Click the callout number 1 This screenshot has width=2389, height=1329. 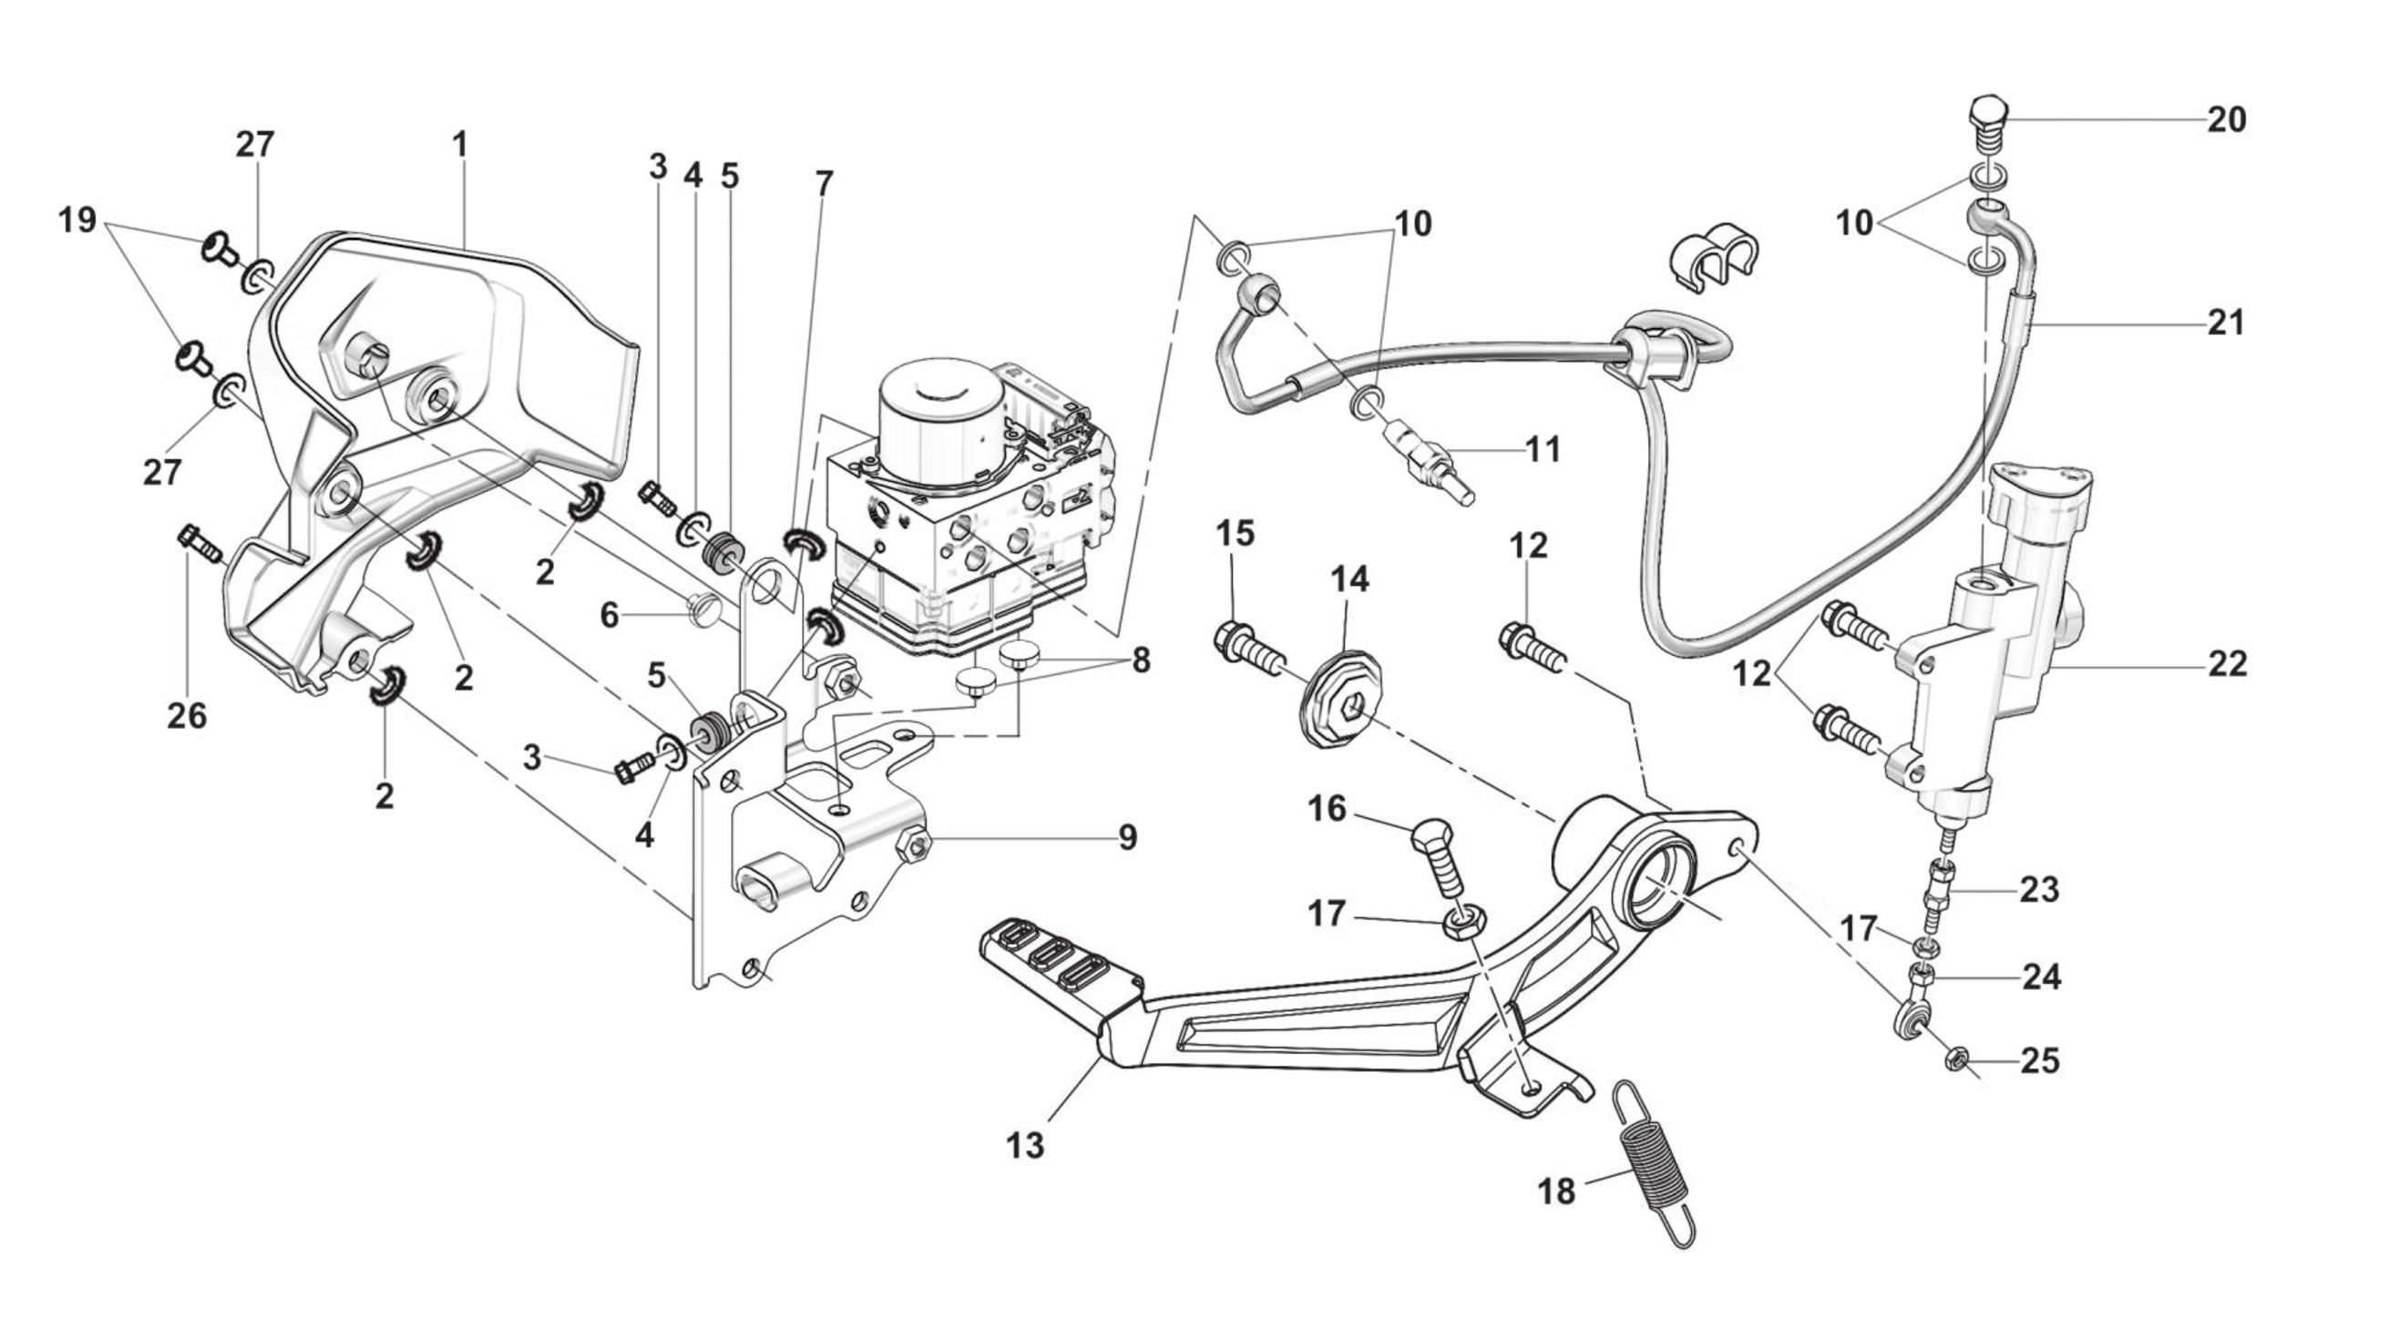tap(460, 145)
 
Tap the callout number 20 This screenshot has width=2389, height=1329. tap(2226, 119)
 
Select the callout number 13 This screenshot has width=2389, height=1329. tap(1025, 1145)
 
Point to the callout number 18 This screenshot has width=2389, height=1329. tap(1556, 1191)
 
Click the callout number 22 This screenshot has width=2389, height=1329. tap(2227, 664)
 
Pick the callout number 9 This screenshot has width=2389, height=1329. tap(1127, 837)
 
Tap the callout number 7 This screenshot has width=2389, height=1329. tap(824, 185)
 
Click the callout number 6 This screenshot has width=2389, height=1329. tap(610, 615)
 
